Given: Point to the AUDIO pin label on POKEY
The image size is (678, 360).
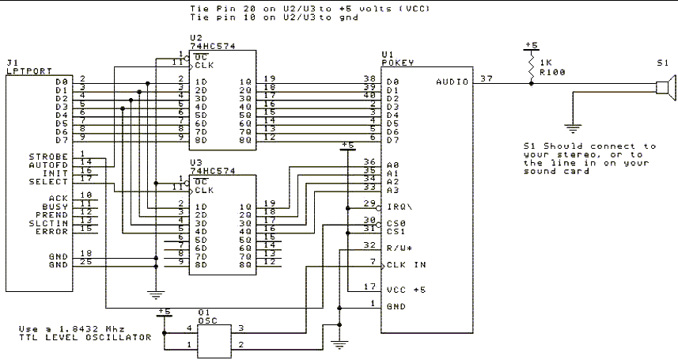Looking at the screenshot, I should click(451, 81).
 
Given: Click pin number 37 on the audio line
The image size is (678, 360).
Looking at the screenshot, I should click(486, 77).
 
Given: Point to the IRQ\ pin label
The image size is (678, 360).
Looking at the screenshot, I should click(397, 204).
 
